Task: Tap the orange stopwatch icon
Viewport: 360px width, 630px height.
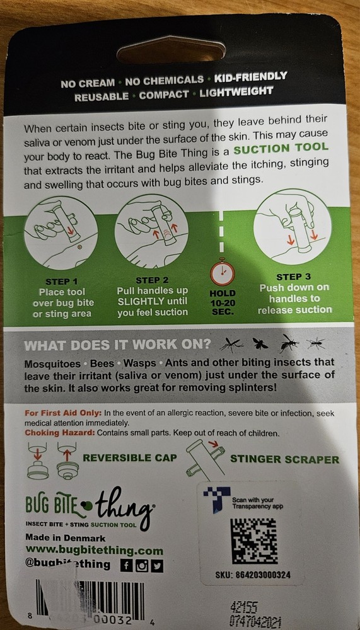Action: (223, 272)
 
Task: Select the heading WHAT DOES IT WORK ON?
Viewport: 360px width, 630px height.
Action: (117, 346)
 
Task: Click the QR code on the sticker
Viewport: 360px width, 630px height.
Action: (253, 541)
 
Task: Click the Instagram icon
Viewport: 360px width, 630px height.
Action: (141, 565)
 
